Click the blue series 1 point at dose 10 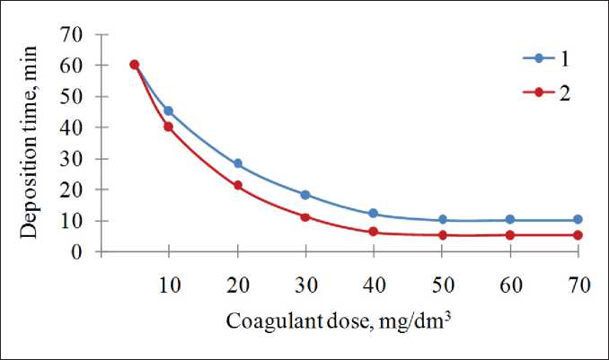click(168, 111)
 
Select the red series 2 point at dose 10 click(168, 127)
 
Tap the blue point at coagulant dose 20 click(237, 164)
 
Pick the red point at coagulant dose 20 click(237, 186)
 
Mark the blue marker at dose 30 click(305, 195)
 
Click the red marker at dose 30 click(305, 217)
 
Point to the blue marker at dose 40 click(374, 214)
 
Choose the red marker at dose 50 click(442, 235)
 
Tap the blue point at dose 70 click(578, 220)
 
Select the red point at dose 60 click(510, 235)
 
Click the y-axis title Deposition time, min click(31, 144)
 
